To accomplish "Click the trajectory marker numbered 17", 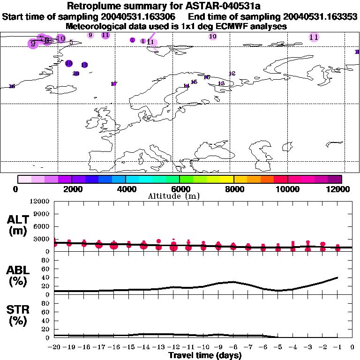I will click(113, 84).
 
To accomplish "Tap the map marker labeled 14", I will click(186, 86).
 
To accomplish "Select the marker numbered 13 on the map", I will click(221, 83).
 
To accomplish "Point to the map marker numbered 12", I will click(232, 74).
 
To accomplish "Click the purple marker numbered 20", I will click(76, 74).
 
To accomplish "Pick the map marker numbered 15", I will click(194, 82).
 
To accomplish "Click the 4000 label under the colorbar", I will click(125, 189).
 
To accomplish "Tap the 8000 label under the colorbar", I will click(233, 189).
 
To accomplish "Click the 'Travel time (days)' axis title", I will click(205, 356).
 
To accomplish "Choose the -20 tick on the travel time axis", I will click(54, 347).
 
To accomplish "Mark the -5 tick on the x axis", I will click(278, 347).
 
